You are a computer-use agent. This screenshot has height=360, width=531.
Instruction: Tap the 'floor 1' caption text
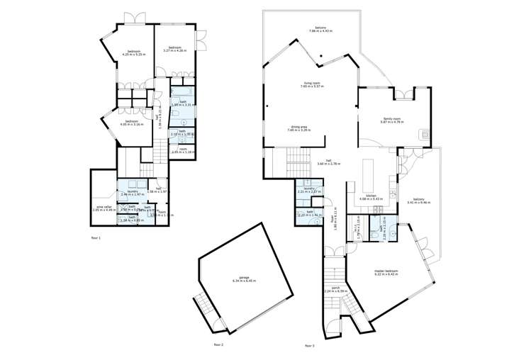[x=96, y=237]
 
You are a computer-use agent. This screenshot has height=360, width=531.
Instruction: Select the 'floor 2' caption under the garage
[x=218, y=344]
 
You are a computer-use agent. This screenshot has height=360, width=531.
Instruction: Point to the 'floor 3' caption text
[x=309, y=345]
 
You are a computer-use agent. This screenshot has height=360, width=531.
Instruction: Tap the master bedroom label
[x=386, y=271]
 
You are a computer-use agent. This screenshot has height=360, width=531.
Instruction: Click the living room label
[x=308, y=84]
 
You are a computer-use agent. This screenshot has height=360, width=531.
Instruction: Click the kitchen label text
[x=370, y=196]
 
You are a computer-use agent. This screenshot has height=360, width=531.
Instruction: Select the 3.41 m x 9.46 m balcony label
[x=420, y=201]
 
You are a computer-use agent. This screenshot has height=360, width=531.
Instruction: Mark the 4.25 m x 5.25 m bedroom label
[x=135, y=52]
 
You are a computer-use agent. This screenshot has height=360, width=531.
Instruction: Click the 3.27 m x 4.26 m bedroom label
[x=174, y=49]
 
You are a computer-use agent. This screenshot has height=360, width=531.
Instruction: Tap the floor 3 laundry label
[x=309, y=190]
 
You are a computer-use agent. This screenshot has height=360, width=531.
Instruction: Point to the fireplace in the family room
[x=424, y=133]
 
